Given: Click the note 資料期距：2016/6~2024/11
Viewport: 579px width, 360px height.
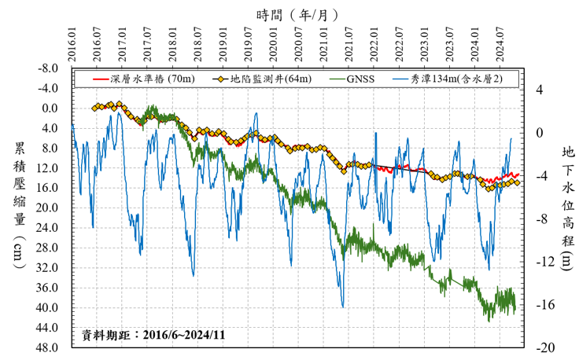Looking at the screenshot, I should point(153,334).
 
